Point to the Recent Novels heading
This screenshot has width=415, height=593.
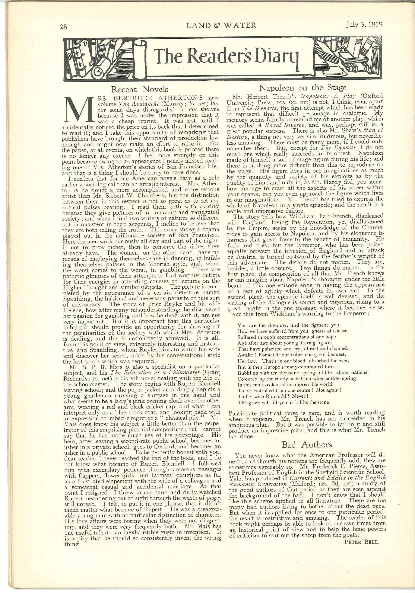(x=140, y=89)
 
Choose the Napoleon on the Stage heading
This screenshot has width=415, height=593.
(x=302, y=88)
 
